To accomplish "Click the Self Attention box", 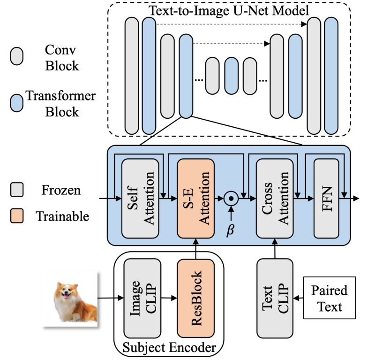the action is (x=140, y=199).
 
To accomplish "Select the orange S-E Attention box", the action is (x=195, y=199).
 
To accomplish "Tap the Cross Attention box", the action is (x=275, y=199).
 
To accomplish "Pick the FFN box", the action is (x=326, y=199).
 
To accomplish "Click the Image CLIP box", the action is (x=142, y=298).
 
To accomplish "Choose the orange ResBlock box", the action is (x=195, y=298).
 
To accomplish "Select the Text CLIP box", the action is (x=275, y=298).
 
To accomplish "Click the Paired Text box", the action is (x=330, y=298).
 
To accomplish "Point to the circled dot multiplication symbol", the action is (x=231, y=199).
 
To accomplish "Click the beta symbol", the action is (x=230, y=230).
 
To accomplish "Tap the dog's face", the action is (x=66, y=292).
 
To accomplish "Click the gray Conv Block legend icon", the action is (x=17, y=56).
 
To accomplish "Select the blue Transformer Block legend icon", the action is (x=17, y=103).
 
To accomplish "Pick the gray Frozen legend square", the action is (x=17, y=190).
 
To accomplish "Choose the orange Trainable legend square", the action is (x=17, y=216).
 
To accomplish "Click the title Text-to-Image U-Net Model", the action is (x=229, y=10).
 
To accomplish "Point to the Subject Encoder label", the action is (x=169, y=347).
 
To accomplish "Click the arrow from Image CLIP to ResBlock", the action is (x=169, y=298).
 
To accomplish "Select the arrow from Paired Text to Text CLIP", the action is (x=298, y=298).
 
